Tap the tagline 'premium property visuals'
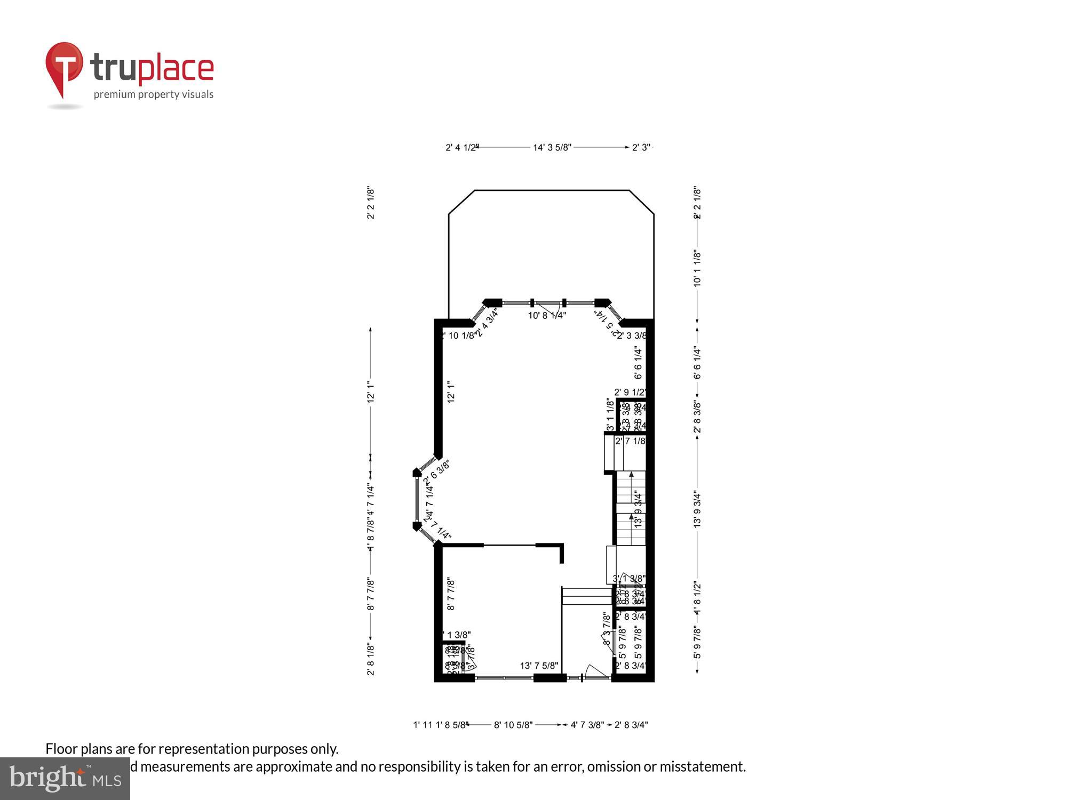pos(154,94)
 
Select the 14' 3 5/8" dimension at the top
pos(552,147)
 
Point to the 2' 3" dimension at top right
pos(641,147)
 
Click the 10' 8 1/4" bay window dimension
pos(547,315)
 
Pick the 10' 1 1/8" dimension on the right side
pos(697,268)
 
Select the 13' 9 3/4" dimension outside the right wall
pos(697,509)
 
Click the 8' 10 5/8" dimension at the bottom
pos(513,725)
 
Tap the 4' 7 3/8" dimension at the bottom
pos(587,725)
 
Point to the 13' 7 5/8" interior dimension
pos(539,666)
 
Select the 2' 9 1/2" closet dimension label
pos(630,392)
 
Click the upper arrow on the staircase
pos(632,474)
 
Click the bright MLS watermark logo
pos(65,779)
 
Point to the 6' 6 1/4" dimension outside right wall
pos(697,363)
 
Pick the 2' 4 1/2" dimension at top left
pos(461,147)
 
